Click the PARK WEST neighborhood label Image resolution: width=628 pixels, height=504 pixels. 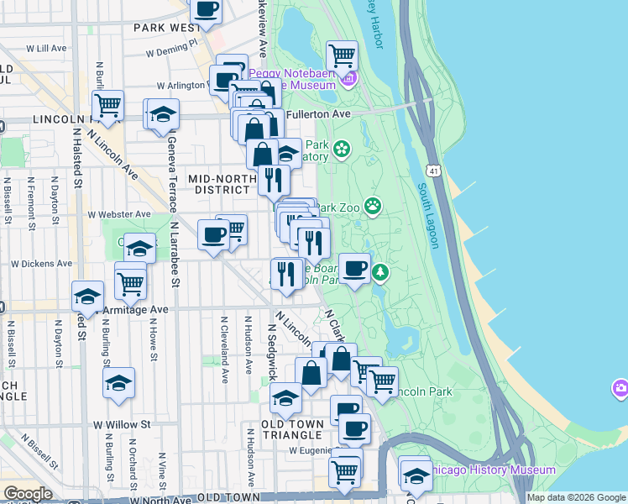(164, 28)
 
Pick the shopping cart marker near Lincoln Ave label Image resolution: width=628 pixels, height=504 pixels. (107, 106)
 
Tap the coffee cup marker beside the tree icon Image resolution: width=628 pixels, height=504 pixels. (354, 269)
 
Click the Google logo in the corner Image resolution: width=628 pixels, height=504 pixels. (28, 494)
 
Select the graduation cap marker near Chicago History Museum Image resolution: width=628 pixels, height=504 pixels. (414, 474)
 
